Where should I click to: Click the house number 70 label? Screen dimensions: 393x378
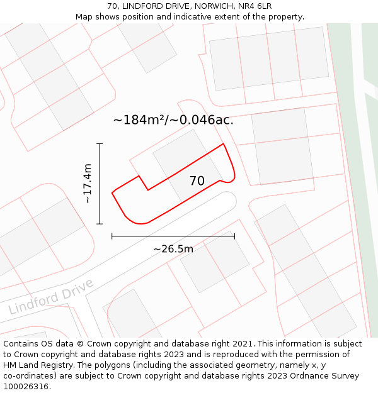click(x=197, y=181)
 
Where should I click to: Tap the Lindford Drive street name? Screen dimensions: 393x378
click(x=52, y=297)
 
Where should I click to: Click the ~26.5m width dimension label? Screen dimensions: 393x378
click(x=173, y=249)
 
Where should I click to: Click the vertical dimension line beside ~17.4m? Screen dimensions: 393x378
click(x=100, y=189)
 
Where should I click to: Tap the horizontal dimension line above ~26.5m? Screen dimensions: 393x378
click(x=173, y=236)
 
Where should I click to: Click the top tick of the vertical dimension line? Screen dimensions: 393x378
click(x=100, y=144)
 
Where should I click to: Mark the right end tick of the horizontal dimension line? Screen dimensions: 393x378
click(x=234, y=236)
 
